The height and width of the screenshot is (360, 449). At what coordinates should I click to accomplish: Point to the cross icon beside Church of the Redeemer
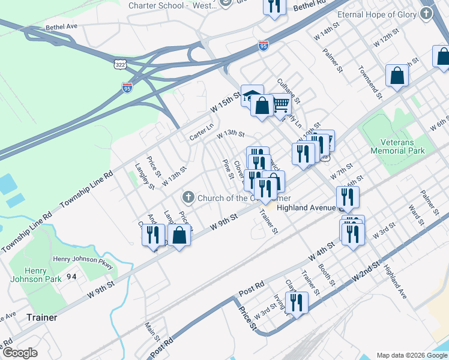coord(188,197)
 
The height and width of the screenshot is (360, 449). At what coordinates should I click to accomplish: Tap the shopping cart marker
coord(281,104)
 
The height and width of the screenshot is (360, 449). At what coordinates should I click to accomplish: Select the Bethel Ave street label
coord(62,27)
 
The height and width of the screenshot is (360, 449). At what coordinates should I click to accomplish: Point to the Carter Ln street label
coord(202,133)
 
